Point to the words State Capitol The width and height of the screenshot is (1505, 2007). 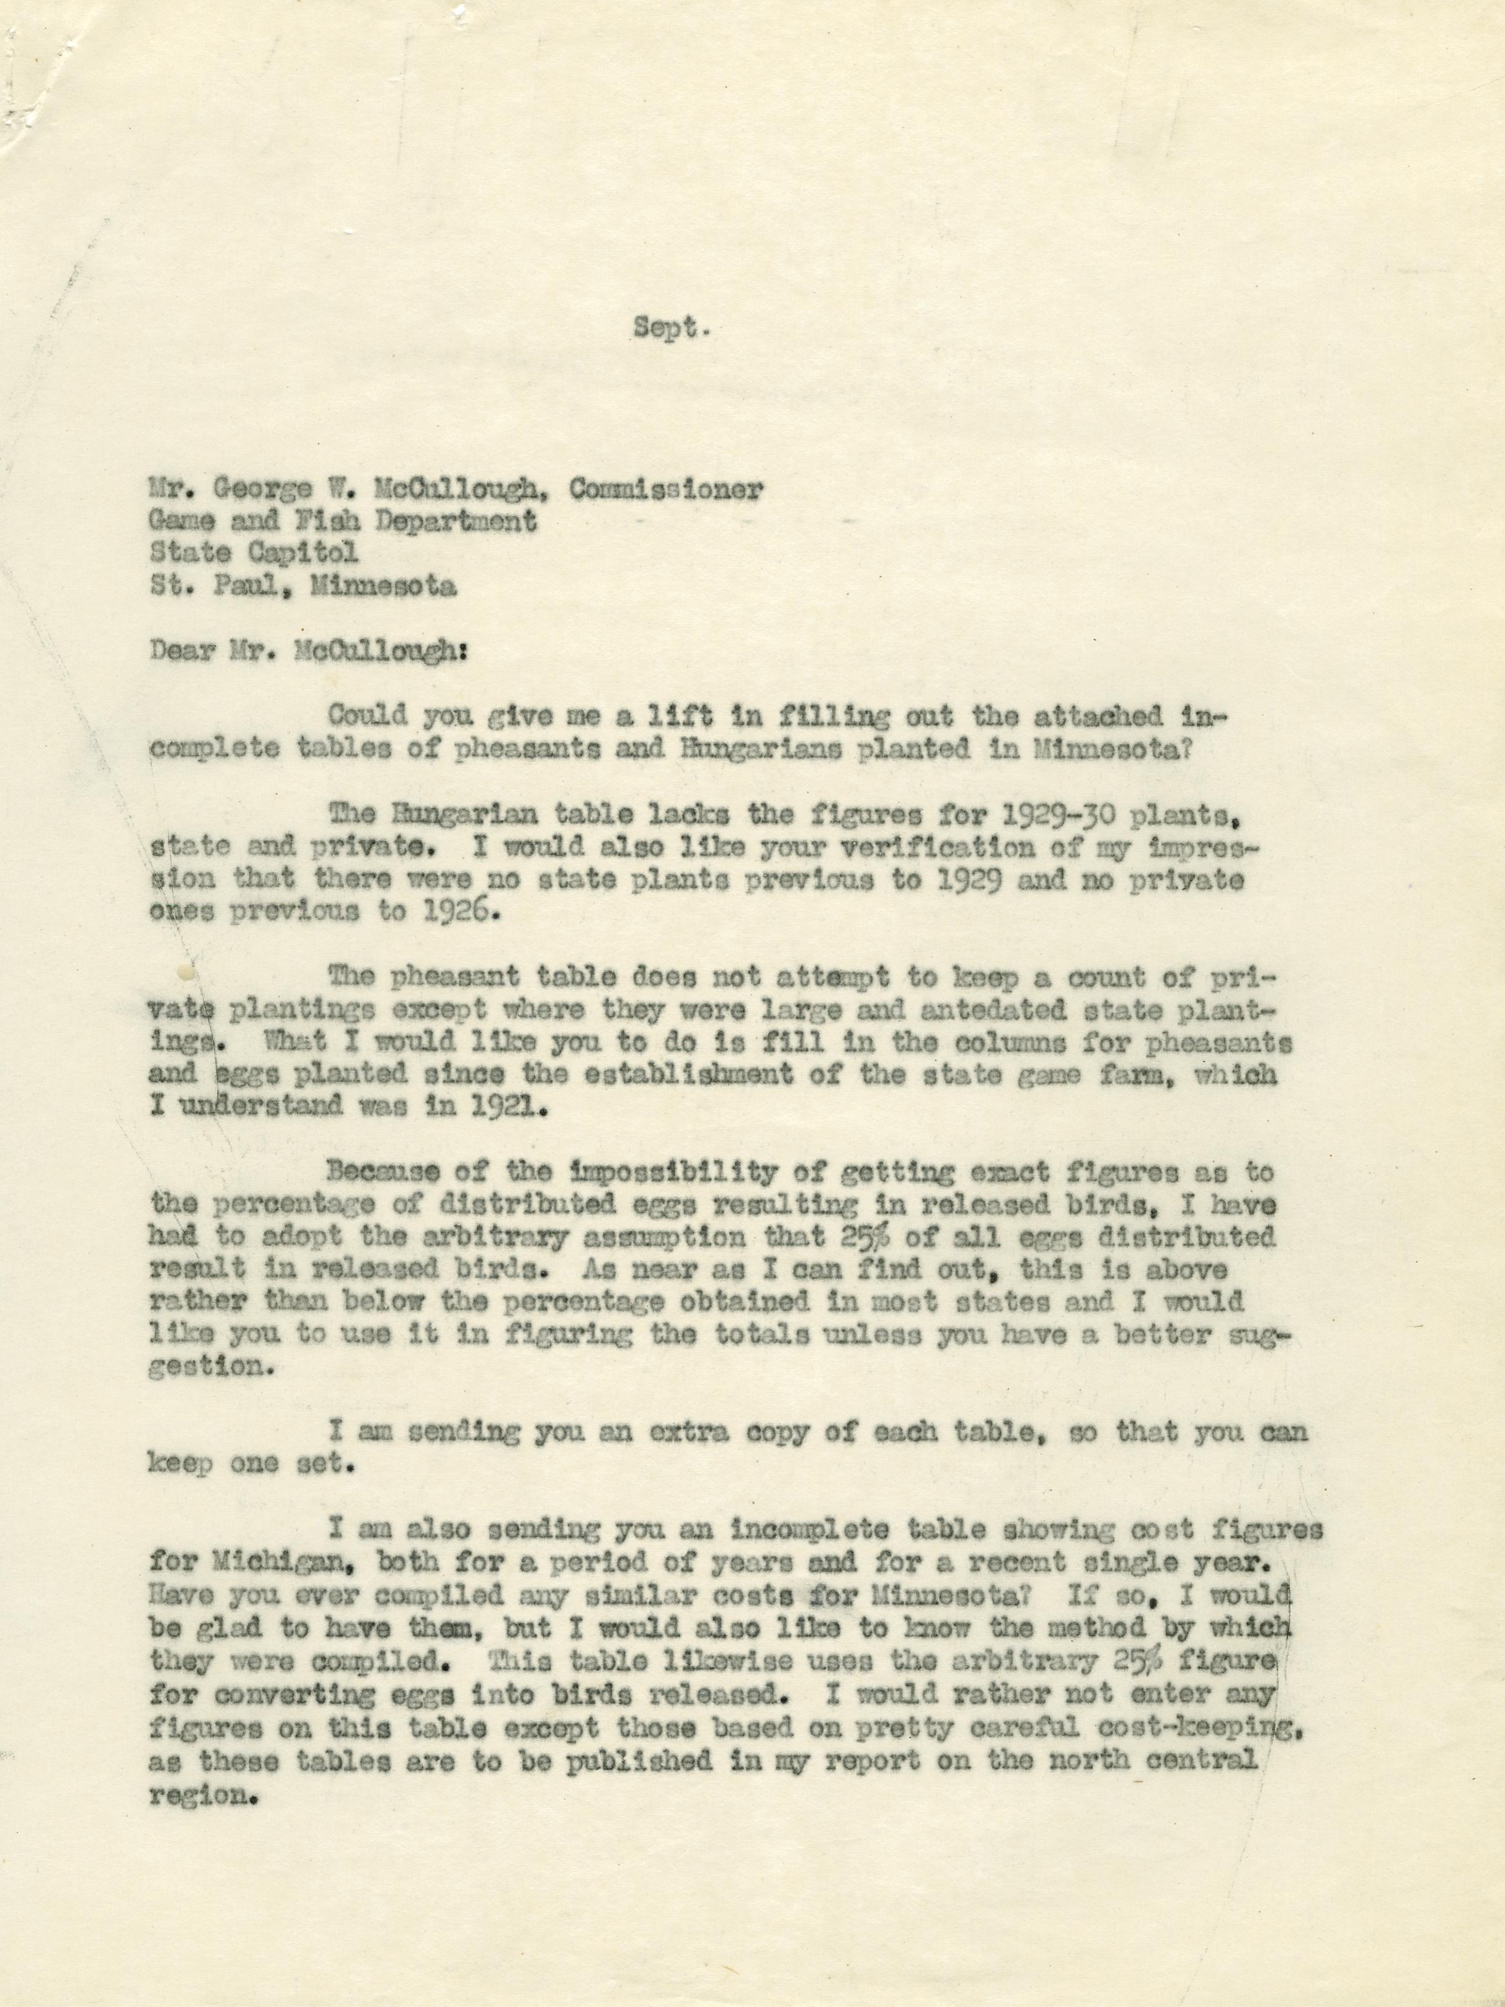click(x=254, y=553)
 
